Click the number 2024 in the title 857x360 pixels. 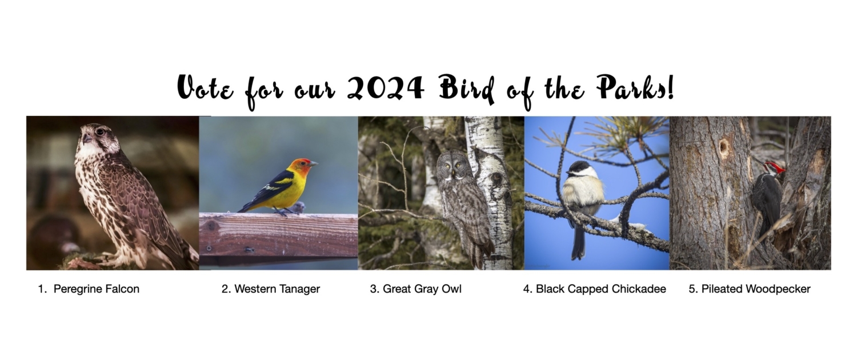click(x=386, y=87)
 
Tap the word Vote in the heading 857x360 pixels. click(x=205, y=87)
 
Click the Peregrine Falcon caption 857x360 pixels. click(x=89, y=289)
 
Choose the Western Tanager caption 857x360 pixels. click(x=271, y=289)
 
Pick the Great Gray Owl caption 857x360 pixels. click(x=416, y=289)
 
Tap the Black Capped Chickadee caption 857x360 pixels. click(x=595, y=289)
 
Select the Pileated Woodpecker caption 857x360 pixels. click(x=750, y=289)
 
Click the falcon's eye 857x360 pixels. click(x=100, y=132)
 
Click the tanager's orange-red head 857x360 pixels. click(x=301, y=167)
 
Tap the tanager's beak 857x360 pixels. click(x=313, y=164)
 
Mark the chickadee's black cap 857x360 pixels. click(x=579, y=167)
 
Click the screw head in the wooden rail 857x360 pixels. click(x=249, y=250)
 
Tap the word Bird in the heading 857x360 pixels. click(x=467, y=89)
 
